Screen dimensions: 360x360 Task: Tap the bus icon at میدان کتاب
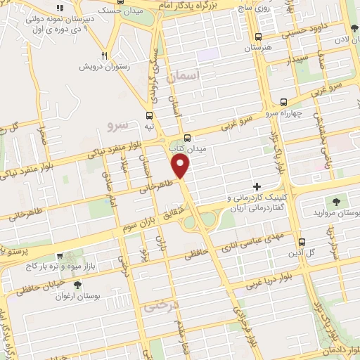[187, 138]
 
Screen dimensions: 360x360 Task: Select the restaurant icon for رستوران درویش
[105, 56]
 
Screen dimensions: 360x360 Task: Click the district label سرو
[118, 126]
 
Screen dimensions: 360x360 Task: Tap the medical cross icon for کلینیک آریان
[257, 187]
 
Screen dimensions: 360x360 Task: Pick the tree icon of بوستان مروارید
[334, 202]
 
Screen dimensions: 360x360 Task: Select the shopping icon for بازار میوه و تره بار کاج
[62, 256]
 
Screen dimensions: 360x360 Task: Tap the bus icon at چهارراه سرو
[283, 102]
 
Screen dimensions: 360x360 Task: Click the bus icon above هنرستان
[258, 37]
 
